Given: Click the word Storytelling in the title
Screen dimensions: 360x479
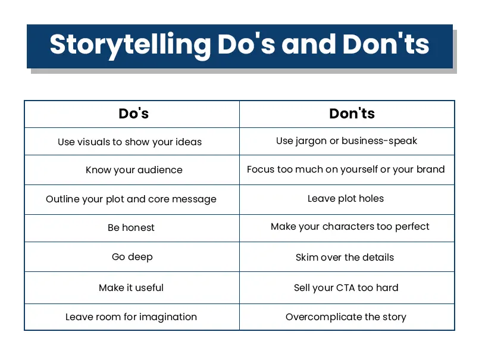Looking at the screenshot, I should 130,45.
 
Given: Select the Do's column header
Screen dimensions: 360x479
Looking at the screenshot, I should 133,114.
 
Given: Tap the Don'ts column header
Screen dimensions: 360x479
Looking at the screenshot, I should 352,114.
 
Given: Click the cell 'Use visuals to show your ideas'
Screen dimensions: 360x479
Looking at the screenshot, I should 130,142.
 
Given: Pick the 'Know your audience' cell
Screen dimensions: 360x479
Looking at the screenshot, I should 134,170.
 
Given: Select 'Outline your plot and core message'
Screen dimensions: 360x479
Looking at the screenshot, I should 131,199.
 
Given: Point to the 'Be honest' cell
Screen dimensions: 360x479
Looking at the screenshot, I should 131,228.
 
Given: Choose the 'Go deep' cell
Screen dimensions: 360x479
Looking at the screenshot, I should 132,257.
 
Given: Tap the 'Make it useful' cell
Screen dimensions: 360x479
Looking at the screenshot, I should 131,288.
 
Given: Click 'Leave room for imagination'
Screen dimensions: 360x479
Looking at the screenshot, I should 131,317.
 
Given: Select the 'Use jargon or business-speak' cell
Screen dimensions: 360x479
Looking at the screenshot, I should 346,142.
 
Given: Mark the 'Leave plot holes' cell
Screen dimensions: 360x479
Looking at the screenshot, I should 346,199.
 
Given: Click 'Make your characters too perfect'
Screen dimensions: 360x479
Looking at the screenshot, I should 350,227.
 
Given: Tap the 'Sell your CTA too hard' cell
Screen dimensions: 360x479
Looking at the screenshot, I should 346,288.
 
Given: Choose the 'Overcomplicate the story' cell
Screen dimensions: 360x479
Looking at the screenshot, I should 346,317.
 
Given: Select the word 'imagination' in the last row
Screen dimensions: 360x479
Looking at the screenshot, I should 167,317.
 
